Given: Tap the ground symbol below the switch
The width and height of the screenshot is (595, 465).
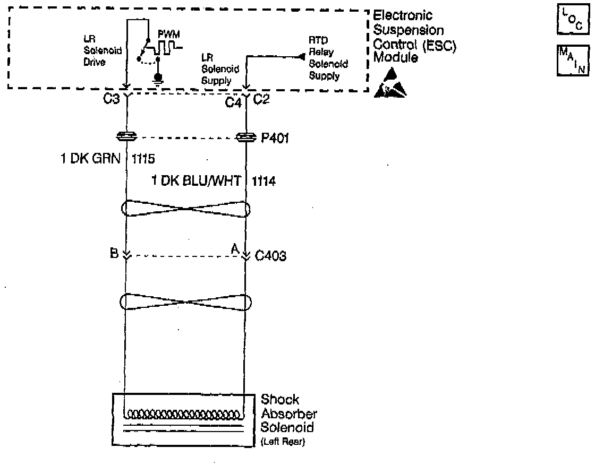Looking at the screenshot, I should [x=157, y=79].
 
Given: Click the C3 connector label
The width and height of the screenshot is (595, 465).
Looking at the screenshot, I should [x=111, y=99].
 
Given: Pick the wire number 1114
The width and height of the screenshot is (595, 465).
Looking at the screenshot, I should [x=263, y=182].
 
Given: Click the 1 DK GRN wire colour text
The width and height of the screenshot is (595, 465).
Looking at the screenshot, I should [x=90, y=159].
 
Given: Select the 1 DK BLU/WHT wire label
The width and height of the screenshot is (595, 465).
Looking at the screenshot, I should [x=197, y=182].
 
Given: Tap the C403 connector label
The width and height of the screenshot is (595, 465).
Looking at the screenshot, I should [x=270, y=257].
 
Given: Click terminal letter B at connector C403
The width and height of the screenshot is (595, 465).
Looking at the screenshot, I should [x=114, y=252].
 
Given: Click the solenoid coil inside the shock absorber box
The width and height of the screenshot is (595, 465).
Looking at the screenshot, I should [x=183, y=414].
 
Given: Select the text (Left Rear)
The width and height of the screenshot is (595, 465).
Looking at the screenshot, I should [x=283, y=442].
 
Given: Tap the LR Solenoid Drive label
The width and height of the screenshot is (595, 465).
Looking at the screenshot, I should [x=95, y=50].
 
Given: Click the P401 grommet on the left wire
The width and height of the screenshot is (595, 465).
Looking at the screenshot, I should [x=127, y=137].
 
